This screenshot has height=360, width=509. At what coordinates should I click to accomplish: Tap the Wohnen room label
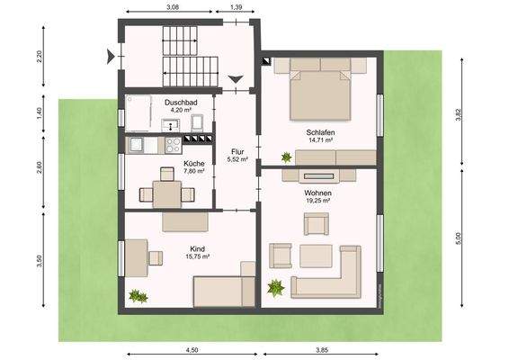(317, 193)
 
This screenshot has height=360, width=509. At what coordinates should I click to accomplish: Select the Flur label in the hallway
(237, 151)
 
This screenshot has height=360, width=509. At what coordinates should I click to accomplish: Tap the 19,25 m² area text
(317, 202)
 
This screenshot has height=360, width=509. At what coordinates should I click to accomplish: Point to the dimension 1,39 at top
(236, 7)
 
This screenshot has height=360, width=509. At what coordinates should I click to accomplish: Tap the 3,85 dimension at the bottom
(321, 351)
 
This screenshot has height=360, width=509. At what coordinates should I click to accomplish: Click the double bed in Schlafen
(319, 88)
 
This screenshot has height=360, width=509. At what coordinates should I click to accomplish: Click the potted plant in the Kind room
(137, 294)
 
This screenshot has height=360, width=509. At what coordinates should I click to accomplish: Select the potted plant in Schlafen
(286, 157)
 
